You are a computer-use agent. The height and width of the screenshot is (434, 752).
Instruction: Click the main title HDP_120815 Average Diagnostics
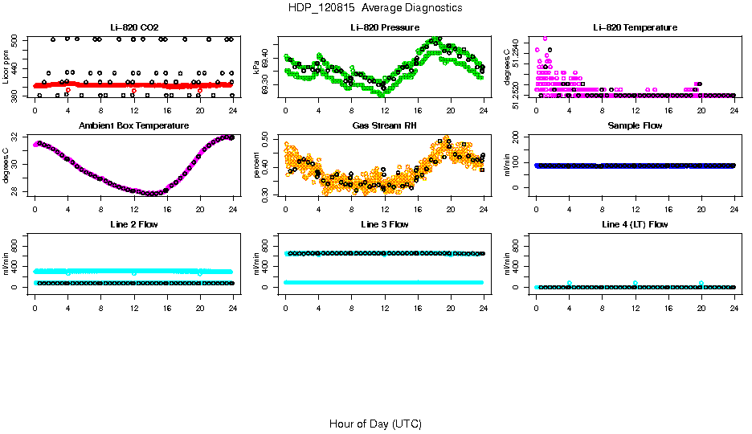[375, 8]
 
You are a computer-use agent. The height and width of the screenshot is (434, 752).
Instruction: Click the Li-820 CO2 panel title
[133, 28]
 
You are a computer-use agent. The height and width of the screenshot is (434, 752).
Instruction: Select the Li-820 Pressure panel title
[384, 28]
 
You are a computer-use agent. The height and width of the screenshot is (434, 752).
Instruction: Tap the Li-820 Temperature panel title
[635, 28]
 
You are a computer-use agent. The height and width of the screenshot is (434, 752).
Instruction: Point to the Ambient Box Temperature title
[133, 126]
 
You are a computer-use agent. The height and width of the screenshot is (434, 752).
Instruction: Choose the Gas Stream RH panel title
[384, 126]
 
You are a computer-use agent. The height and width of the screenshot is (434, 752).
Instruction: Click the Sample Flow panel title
[635, 126]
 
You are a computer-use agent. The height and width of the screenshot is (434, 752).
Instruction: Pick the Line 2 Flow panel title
[133, 224]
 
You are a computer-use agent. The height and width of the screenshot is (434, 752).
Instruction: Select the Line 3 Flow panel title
[384, 224]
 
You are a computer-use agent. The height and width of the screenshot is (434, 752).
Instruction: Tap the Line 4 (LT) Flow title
[635, 224]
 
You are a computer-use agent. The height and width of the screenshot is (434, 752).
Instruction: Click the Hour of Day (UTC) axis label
[375, 424]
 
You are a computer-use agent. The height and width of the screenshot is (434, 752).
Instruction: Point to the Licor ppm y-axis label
[6, 68]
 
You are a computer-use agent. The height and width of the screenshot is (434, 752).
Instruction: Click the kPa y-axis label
[257, 68]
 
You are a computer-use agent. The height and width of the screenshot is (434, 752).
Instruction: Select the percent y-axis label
[257, 166]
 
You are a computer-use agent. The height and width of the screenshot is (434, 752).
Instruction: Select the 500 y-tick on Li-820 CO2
[16, 39]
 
